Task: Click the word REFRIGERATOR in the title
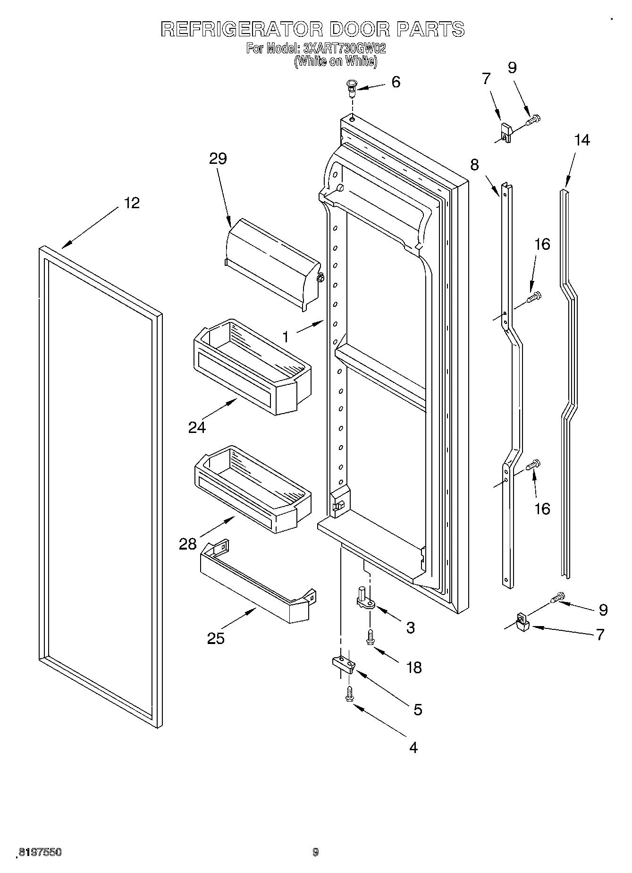pyautogui.click(x=242, y=29)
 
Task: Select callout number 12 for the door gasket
pyautogui.click(x=132, y=203)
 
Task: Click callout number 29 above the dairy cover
pyautogui.click(x=218, y=158)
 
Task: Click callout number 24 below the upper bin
pyautogui.click(x=197, y=427)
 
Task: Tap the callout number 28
pyautogui.click(x=187, y=544)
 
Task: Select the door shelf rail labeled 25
pyautogui.click(x=255, y=585)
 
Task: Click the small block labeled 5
pyautogui.click(x=343, y=664)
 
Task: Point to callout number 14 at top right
pyautogui.click(x=582, y=140)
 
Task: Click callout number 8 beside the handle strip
pyautogui.click(x=474, y=164)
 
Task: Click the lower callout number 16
pyautogui.click(x=542, y=509)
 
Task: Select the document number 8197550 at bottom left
pyautogui.click(x=40, y=852)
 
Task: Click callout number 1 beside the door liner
pyautogui.click(x=285, y=336)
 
